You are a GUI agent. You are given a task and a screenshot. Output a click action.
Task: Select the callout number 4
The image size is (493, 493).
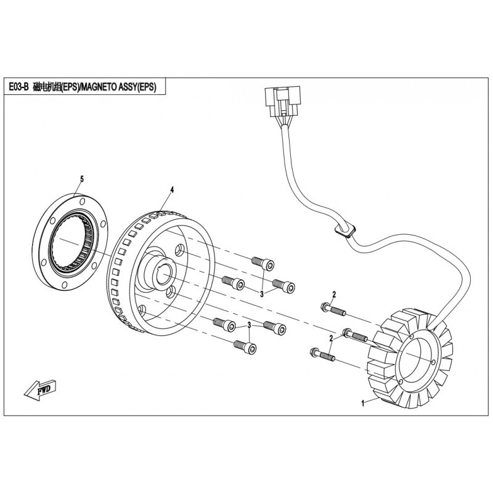173,190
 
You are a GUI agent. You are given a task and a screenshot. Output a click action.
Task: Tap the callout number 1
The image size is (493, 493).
363,403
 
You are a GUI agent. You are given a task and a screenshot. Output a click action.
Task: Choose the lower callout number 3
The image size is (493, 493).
249,325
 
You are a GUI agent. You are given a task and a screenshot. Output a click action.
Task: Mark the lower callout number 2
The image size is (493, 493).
331,339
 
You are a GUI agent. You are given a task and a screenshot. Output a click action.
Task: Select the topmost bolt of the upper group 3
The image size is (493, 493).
262,263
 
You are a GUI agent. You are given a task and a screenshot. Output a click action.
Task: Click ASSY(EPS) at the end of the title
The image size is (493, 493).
139,87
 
